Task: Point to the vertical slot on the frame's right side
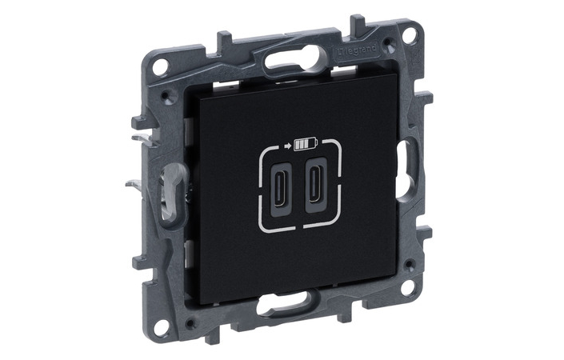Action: [404, 165]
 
